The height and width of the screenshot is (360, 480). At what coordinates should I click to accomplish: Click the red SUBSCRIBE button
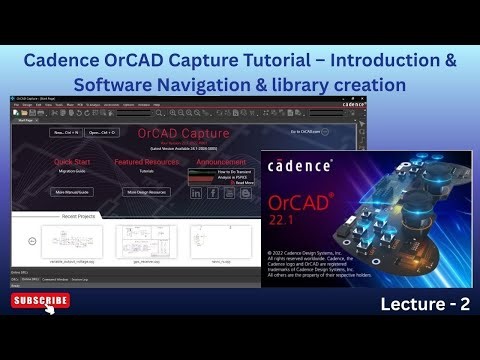[x=41, y=300]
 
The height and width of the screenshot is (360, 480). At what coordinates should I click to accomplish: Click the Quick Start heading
[x=76, y=160]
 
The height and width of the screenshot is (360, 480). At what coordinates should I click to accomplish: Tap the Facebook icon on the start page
[x=212, y=192]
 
